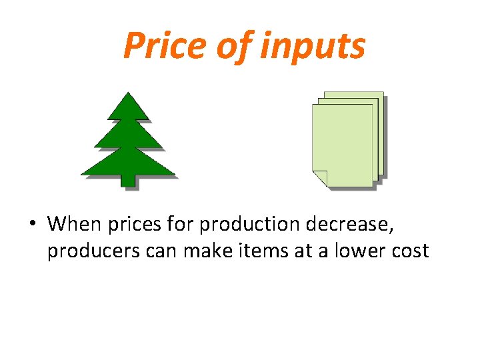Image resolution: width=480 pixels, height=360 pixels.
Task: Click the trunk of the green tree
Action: coord(127,180)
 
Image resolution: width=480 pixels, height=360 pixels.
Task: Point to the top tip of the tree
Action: coord(127,93)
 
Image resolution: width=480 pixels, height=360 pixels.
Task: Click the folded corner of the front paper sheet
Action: coord(320,178)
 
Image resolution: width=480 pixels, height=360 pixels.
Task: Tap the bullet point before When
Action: coord(31,224)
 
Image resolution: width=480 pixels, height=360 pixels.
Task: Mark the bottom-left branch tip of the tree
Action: coord(83,174)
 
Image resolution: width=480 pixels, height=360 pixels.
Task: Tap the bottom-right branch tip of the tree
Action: coord(174,175)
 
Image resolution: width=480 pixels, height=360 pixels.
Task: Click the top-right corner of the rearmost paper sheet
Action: coord(383,92)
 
